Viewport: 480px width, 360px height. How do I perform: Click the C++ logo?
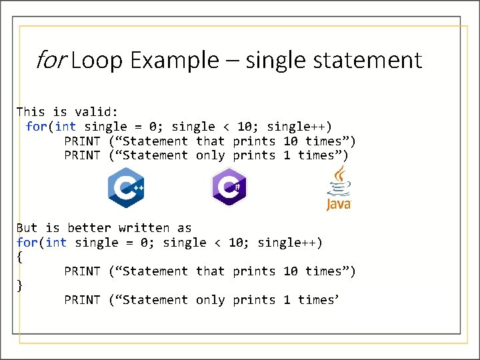tap(126, 189)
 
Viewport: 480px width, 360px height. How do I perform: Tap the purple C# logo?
tap(229, 187)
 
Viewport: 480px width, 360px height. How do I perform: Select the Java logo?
tap(339, 189)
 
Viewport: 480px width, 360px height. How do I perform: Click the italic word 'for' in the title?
tap(49, 61)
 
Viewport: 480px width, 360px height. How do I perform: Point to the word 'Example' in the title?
tap(174, 61)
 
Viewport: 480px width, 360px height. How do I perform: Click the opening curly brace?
tap(19, 257)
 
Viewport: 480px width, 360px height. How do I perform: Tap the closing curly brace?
tap(19, 286)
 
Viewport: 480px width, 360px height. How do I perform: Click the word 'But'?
tap(27, 229)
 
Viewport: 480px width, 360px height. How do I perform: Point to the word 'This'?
tap(31, 112)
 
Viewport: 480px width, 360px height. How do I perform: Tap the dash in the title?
tap(232, 61)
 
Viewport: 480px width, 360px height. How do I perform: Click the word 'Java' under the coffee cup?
tap(339, 204)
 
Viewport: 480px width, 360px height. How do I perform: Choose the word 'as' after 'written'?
tap(184, 229)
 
